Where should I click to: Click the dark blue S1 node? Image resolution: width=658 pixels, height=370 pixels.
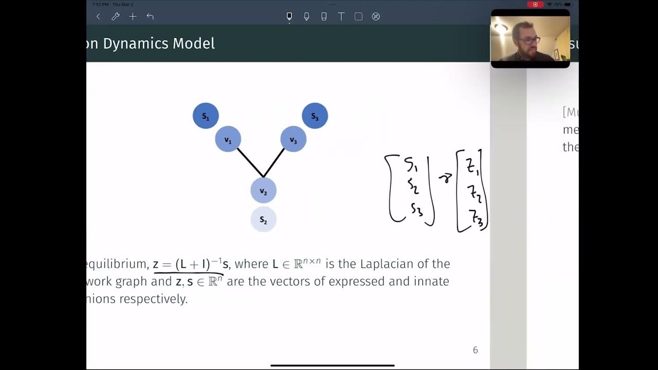pos(206,116)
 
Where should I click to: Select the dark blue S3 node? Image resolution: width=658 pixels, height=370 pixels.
pos(315,116)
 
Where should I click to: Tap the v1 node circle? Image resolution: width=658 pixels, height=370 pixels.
pos(228,139)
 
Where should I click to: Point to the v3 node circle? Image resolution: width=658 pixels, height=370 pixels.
pos(293,139)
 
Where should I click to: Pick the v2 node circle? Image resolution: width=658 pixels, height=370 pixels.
pos(263,191)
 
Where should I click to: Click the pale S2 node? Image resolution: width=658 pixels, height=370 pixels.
pos(263,219)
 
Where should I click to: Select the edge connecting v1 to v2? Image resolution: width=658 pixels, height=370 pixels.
pos(250,163)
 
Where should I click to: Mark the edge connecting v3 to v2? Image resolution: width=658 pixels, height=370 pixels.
pos(274,162)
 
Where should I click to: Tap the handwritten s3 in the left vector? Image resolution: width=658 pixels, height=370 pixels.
pos(416,209)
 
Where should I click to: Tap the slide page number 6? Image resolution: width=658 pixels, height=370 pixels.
pos(475,350)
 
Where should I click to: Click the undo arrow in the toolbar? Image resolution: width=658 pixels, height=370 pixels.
pos(150,16)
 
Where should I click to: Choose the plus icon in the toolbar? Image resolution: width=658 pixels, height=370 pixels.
pos(133,16)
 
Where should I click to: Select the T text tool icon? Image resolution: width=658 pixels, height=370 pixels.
pos(341,16)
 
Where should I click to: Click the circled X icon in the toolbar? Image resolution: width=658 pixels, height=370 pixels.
pos(376,16)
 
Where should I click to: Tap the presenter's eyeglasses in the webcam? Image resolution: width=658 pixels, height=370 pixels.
pos(529,40)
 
